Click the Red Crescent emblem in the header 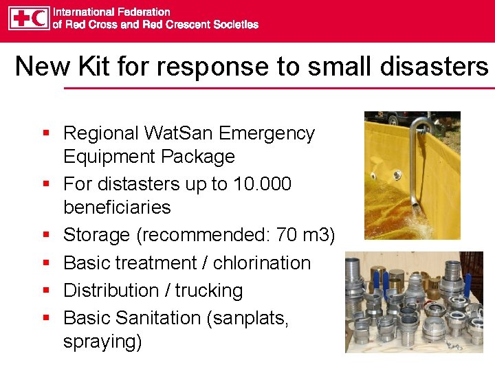click(38, 19)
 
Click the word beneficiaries click(117, 207)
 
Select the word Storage click(96, 235)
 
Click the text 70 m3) click(305, 235)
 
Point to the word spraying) click(102, 341)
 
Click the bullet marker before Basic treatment click(46, 263)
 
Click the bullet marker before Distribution click(46, 291)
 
